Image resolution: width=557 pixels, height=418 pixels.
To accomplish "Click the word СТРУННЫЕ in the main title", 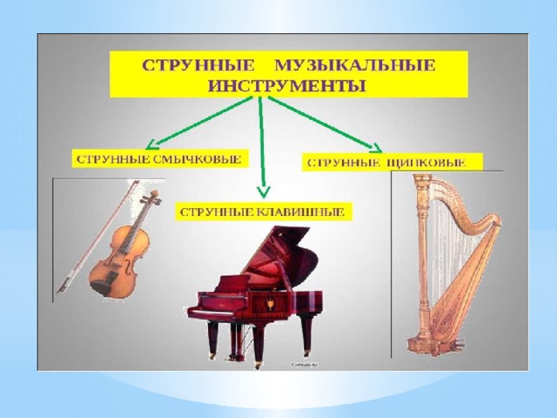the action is [x=198, y=66].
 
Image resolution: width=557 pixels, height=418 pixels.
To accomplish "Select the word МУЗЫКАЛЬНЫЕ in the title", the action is [x=355, y=66].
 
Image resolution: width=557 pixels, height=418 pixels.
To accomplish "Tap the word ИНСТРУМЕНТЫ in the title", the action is [x=287, y=86].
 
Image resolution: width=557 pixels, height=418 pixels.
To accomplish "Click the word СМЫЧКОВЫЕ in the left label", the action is [x=198, y=158].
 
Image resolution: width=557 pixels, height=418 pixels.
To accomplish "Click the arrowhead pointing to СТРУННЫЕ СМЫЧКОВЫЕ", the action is [x=152, y=144].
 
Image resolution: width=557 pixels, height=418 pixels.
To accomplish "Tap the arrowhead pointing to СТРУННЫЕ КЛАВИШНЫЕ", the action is [x=263, y=192].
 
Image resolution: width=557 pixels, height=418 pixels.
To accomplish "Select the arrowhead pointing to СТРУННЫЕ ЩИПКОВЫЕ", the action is [x=376, y=147].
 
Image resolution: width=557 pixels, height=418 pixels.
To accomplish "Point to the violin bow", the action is [x=97, y=237].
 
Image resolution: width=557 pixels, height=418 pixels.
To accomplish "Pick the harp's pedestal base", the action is [x=434, y=345].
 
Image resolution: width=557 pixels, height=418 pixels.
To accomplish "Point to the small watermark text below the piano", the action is [x=304, y=365].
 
